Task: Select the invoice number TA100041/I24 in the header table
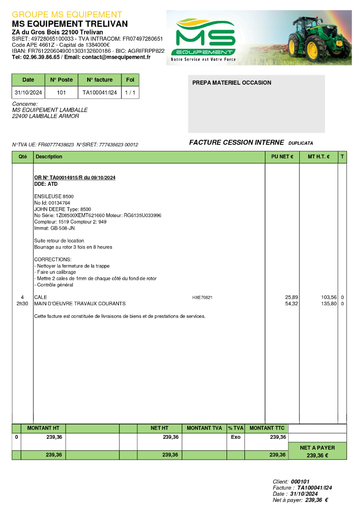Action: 100,93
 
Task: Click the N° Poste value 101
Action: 61,93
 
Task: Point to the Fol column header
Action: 130,80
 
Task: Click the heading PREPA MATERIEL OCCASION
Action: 232,83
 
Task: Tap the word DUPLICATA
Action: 300,143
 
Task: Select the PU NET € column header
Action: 282,156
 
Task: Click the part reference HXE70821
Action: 202,297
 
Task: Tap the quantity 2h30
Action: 22,303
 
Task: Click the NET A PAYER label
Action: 317,448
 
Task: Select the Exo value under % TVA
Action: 236,437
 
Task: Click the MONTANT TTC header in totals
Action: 266,428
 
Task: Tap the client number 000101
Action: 300,482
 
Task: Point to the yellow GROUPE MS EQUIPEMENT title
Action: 67,14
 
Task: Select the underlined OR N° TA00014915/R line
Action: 75,178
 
